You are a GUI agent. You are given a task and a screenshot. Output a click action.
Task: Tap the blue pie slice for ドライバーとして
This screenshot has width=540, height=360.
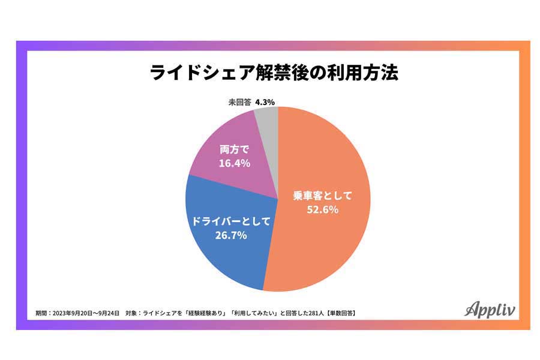point(222,252)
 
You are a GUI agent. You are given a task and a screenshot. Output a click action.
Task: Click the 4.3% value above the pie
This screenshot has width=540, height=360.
point(265,102)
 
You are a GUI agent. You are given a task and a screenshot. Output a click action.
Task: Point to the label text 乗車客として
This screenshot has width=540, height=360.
point(324,195)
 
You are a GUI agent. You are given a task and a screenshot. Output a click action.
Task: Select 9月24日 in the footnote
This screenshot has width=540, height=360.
point(109,313)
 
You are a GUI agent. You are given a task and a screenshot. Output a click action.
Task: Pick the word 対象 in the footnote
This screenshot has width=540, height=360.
point(133,313)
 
